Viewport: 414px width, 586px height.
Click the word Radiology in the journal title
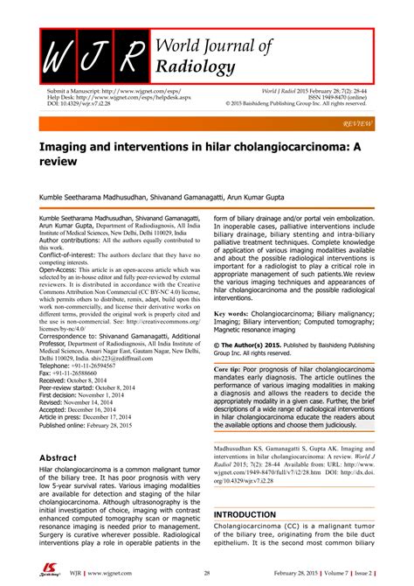coord(195,68)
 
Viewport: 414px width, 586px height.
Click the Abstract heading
coord(66,457)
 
